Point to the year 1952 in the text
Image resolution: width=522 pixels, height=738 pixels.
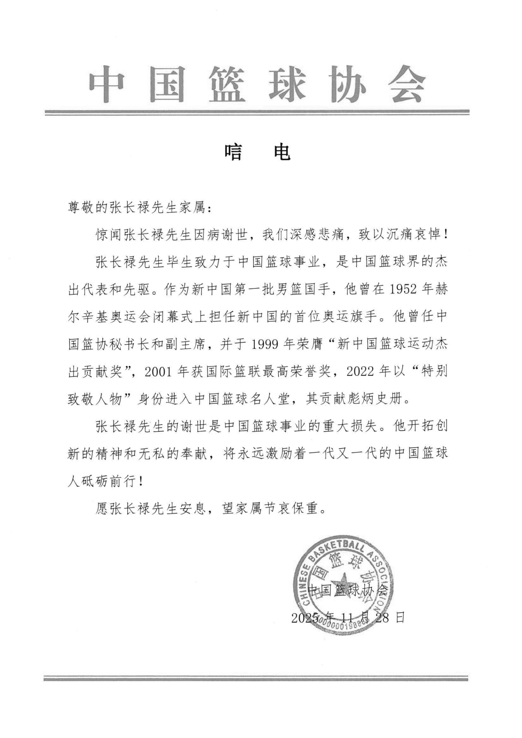[404, 290]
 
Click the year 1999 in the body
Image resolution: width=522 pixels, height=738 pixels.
[265, 345]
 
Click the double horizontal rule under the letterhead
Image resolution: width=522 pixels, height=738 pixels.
[257, 113]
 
